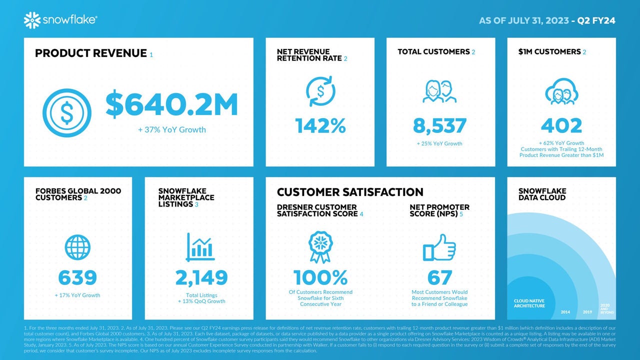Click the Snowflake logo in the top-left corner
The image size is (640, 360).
pos(60,20)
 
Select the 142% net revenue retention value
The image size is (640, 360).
pos(320,125)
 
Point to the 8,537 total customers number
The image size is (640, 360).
pos(440,125)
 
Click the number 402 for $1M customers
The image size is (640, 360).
pos(561,125)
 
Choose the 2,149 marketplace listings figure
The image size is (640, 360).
pos(201,277)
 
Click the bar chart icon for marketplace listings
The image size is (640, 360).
pos(200,247)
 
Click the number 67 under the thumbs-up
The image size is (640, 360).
pos(439,277)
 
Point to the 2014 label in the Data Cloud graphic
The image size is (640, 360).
pos(565,312)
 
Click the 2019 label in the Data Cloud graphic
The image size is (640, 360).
pos(587,312)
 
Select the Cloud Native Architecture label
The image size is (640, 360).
pos(529,303)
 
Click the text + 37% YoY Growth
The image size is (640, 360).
pos(171,130)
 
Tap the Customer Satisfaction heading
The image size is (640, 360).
pos(350,192)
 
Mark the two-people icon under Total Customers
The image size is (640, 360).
pos(440,91)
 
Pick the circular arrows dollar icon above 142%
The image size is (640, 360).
pos(320,91)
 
